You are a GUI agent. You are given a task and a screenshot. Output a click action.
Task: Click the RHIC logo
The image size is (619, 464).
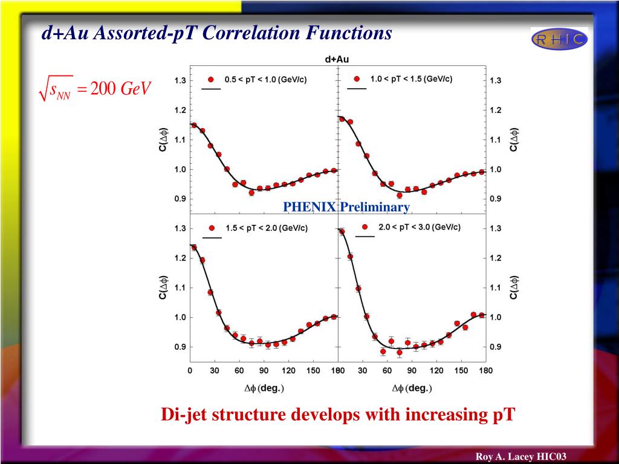click(559, 39)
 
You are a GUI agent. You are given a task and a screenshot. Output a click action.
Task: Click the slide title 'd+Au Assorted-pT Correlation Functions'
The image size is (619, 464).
click(216, 33)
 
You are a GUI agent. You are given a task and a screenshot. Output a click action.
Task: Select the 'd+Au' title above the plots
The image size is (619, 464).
click(337, 59)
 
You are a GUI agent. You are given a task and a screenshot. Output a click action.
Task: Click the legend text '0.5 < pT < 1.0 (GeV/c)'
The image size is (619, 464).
click(265, 79)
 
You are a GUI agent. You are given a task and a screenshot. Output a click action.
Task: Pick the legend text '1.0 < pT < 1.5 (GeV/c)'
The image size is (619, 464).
click(411, 79)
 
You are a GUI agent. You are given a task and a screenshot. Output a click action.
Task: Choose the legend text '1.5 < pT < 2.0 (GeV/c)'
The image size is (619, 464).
click(266, 228)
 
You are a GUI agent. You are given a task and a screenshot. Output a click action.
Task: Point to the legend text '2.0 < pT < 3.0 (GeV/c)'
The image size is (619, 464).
click(419, 227)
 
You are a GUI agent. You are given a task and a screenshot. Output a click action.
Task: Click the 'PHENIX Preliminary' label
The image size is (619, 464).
click(347, 207)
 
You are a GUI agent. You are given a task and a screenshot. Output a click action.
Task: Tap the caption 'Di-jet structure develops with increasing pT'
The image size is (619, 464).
click(337, 415)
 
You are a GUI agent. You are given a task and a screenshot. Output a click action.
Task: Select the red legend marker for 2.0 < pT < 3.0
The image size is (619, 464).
click(365, 227)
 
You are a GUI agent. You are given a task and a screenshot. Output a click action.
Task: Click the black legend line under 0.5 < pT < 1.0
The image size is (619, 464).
click(211, 89)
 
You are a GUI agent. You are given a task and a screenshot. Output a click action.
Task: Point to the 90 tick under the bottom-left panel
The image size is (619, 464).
click(264, 370)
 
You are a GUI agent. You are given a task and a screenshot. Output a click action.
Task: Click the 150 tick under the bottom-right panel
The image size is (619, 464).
click(461, 370)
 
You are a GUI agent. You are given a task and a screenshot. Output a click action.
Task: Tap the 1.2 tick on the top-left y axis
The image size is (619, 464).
click(180, 111)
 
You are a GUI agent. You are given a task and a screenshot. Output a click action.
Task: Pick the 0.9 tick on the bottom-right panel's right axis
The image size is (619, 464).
click(495, 347)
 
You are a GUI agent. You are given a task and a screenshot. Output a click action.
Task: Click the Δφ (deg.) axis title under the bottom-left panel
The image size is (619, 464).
click(263, 388)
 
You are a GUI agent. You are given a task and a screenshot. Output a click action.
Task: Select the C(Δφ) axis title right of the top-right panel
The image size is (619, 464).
click(514, 140)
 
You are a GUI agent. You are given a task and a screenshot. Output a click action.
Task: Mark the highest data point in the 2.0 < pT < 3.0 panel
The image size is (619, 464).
click(342, 231)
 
